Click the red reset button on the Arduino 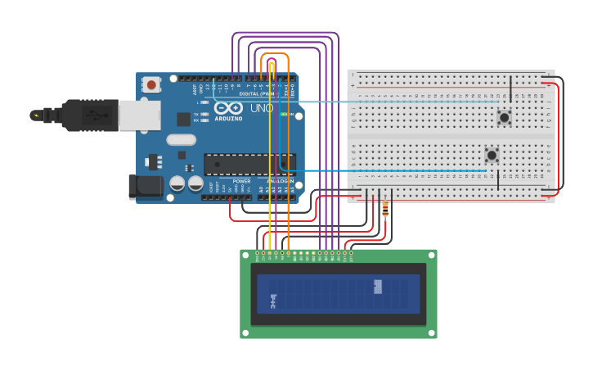pos(151,84)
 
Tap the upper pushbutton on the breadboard pos(505,118)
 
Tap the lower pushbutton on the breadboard pos(492,155)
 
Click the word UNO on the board pos(262,108)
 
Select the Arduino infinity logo pos(229,107)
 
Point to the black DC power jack pos(145,186)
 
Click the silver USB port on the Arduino pos(139,115)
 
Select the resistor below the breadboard pos(385,210)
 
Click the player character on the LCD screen pos(273,301)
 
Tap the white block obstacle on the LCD pos(378,286)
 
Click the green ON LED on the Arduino pos(284,115)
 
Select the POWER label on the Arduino pos(241,181)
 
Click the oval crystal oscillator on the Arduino pos(181,140)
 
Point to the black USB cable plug pos(90,115)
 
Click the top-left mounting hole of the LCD pos(245,255)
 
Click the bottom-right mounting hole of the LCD pos(432,333)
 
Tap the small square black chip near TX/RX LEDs pos(184,120)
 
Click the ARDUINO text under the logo pos(230,119)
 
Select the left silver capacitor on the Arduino pos(177,183)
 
